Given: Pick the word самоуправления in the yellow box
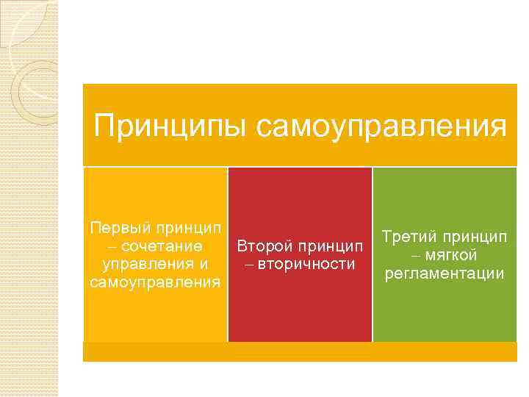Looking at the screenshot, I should [x=154, y=282].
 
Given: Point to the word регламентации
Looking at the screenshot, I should [x=444, y=273].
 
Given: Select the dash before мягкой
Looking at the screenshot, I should [x=415, y=256].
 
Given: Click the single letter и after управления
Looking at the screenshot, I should [x=203, y=264].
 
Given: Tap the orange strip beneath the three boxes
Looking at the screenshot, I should [x=300, y=352].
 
